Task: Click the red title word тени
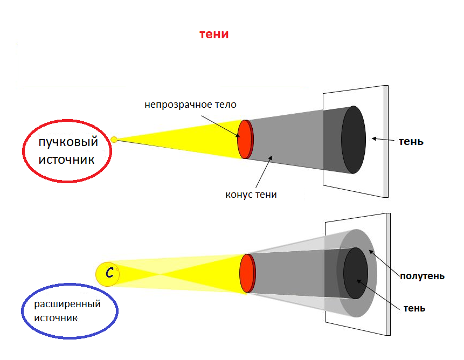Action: (214, 34)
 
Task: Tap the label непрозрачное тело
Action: (190, 105)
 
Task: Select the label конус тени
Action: (251, 195)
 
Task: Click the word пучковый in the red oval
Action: (68, 142)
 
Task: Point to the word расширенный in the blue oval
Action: (67, 304)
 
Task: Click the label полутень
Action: (423, 276)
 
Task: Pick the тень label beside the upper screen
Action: (411, 142)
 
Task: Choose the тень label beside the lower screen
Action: (414, 308)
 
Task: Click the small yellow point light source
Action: (114, 140)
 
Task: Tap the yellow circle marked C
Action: (107, 274)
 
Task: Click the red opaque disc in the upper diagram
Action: (245, 139)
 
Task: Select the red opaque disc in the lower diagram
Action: (247, 273)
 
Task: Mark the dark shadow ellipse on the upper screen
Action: (354, 140)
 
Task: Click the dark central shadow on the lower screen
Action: (356, 273)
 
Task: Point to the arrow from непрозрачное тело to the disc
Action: (220, 126)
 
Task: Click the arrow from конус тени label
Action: (264, 171)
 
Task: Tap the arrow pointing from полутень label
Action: (384, 262)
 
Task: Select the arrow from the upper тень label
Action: (383, 139)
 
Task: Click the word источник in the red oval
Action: (67, 160)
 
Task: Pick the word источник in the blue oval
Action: (56, 319)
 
